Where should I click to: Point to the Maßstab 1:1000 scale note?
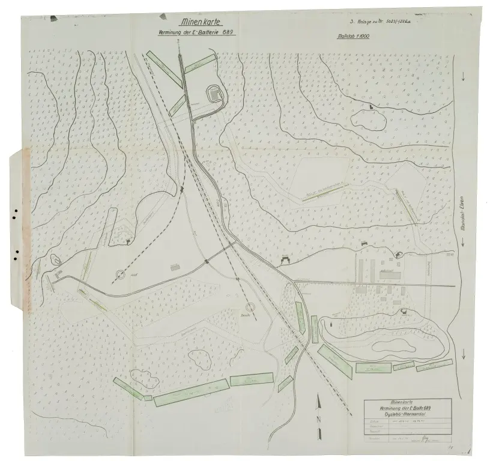tap(354, 37)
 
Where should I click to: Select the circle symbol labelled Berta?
tap(250, 307)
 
